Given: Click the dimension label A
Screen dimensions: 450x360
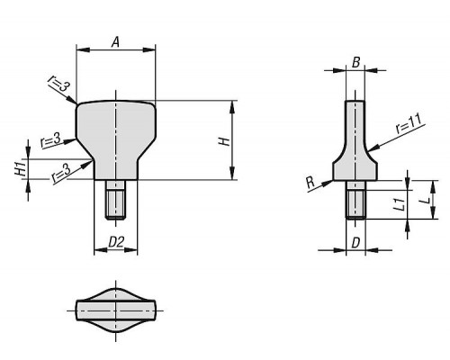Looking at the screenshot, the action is point(115,42).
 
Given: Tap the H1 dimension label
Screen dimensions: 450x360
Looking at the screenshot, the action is point(21,169).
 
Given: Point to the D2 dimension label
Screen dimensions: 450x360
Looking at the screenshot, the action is point(116,242).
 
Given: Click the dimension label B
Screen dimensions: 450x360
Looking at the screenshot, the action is point(355,63).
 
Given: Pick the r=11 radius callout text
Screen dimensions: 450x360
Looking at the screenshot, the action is point(409,123).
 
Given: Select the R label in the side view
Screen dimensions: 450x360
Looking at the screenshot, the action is point(310,182).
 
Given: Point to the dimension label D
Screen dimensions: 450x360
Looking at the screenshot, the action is point(355,243).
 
